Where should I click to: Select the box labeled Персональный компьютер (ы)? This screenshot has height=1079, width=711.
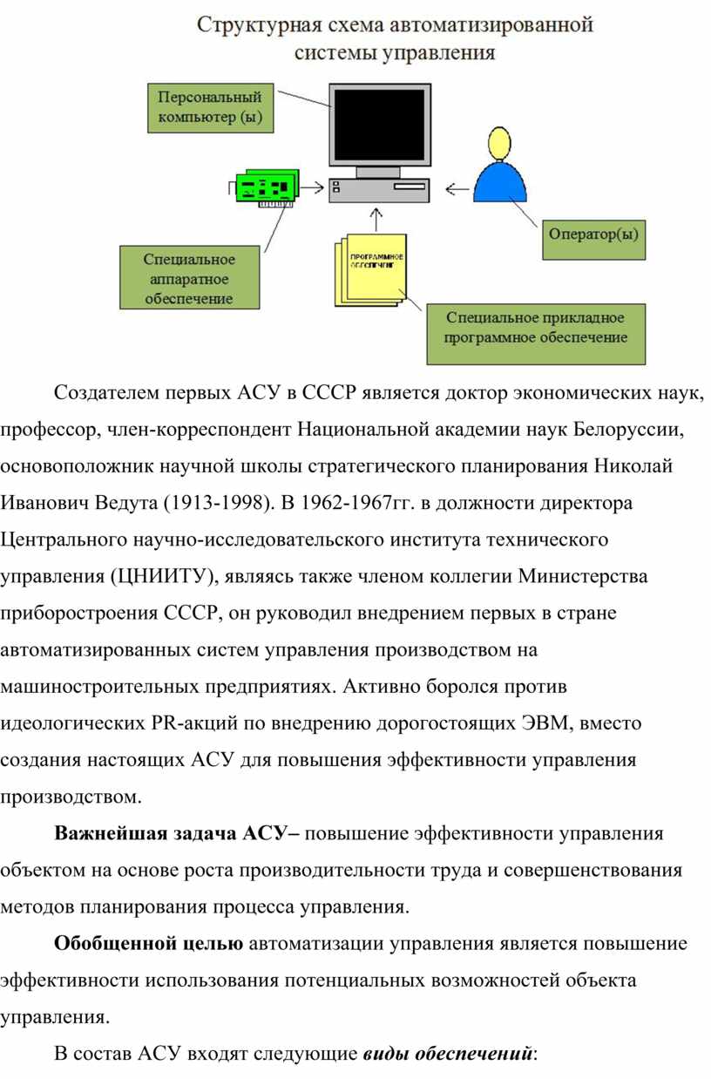point(211,108)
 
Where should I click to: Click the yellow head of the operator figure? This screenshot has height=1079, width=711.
point(498,142)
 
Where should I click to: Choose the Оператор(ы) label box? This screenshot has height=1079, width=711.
point(594,240)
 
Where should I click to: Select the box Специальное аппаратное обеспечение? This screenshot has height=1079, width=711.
point(190,277)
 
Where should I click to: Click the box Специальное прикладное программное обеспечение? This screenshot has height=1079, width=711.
point(536,334)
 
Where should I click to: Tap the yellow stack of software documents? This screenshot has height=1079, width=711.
point(371,270)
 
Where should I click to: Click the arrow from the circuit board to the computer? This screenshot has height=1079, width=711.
point(312,187)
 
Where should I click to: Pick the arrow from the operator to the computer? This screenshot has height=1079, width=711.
point(457,189)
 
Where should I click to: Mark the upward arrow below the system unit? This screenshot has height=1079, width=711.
point(376,220)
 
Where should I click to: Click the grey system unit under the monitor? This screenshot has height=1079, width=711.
point(379,190)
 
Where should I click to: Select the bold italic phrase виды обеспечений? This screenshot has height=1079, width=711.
point(448,1054)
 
